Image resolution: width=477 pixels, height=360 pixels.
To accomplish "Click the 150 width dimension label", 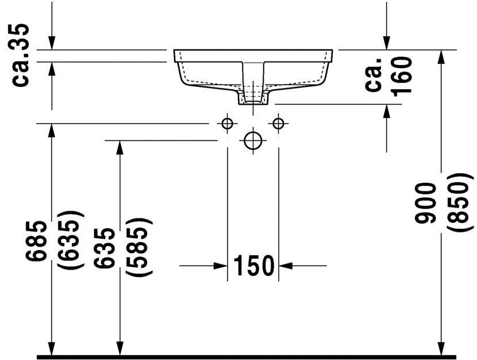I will click(253, 265).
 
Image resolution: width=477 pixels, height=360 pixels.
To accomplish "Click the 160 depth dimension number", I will click(403, 75).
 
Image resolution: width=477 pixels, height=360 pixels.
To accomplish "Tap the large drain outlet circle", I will click(253, 141).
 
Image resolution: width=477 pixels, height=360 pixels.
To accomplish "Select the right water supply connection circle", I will click(279, 123).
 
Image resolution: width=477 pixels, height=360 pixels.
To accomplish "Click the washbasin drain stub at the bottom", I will click(253, 99).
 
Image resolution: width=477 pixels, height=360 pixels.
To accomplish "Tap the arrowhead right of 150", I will click(286, 266).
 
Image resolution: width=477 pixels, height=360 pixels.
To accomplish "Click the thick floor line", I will click(247, 357).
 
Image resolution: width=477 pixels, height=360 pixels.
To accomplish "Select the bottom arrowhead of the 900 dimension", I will click(441, 348).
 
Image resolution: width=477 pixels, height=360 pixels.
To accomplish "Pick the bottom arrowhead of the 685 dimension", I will click(52, 348).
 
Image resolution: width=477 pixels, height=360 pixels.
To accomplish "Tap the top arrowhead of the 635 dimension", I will click(120, 147).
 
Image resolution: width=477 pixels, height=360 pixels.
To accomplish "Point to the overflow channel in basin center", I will click(253, 75).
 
